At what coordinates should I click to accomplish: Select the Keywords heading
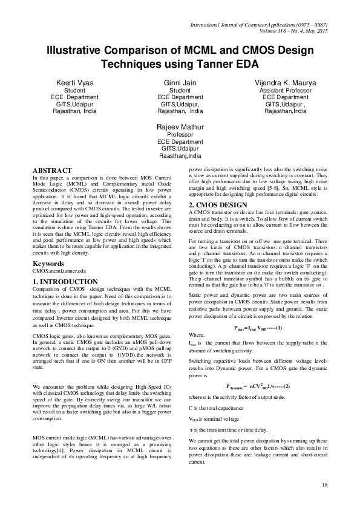(x=48, y=264)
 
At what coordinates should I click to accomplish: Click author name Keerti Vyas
(x=71, y=81)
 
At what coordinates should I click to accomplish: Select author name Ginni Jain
(x=180, y=81)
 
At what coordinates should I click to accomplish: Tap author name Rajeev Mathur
(x=180, y=127)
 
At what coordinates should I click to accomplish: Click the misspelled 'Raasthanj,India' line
(x=180, y=156)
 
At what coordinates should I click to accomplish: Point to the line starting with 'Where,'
(x=197, y=335)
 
